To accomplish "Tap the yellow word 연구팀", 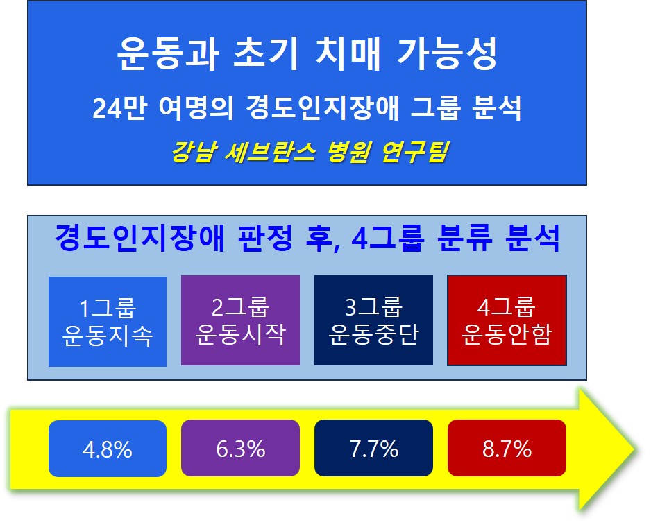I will coord(414,152).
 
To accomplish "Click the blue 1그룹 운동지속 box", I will coord(108,321).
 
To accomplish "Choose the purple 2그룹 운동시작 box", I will coord(240,320).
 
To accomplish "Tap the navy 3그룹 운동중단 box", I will coord(373,320).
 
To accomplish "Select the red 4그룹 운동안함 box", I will coord(507,320).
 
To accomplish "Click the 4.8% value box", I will coord(108,449).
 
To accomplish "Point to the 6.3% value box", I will coord(240,448).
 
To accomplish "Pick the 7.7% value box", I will coord(373,448).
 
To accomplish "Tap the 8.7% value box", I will coord(507,448).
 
